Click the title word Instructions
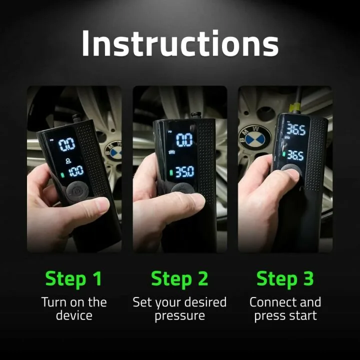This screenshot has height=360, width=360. point(180,43)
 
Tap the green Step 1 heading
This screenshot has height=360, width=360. point(74,278)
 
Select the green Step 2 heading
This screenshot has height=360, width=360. point(179,278)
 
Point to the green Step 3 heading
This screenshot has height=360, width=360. point(285,278)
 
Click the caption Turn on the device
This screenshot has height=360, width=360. point(74,309)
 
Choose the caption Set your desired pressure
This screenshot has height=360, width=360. point(179,309)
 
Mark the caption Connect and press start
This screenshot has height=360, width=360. point(285,309)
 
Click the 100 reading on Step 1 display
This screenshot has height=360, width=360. point(76,172)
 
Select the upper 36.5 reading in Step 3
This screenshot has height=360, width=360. point(296,130)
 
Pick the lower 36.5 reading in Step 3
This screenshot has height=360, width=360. point(295,155)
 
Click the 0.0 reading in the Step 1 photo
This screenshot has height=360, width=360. point(67,145)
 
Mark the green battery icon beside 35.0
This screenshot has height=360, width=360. point(170,172)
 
